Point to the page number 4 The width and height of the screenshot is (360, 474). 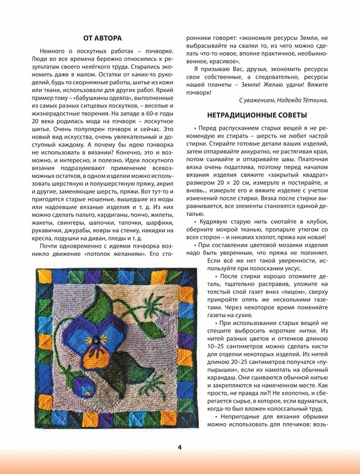coord(179,447)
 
